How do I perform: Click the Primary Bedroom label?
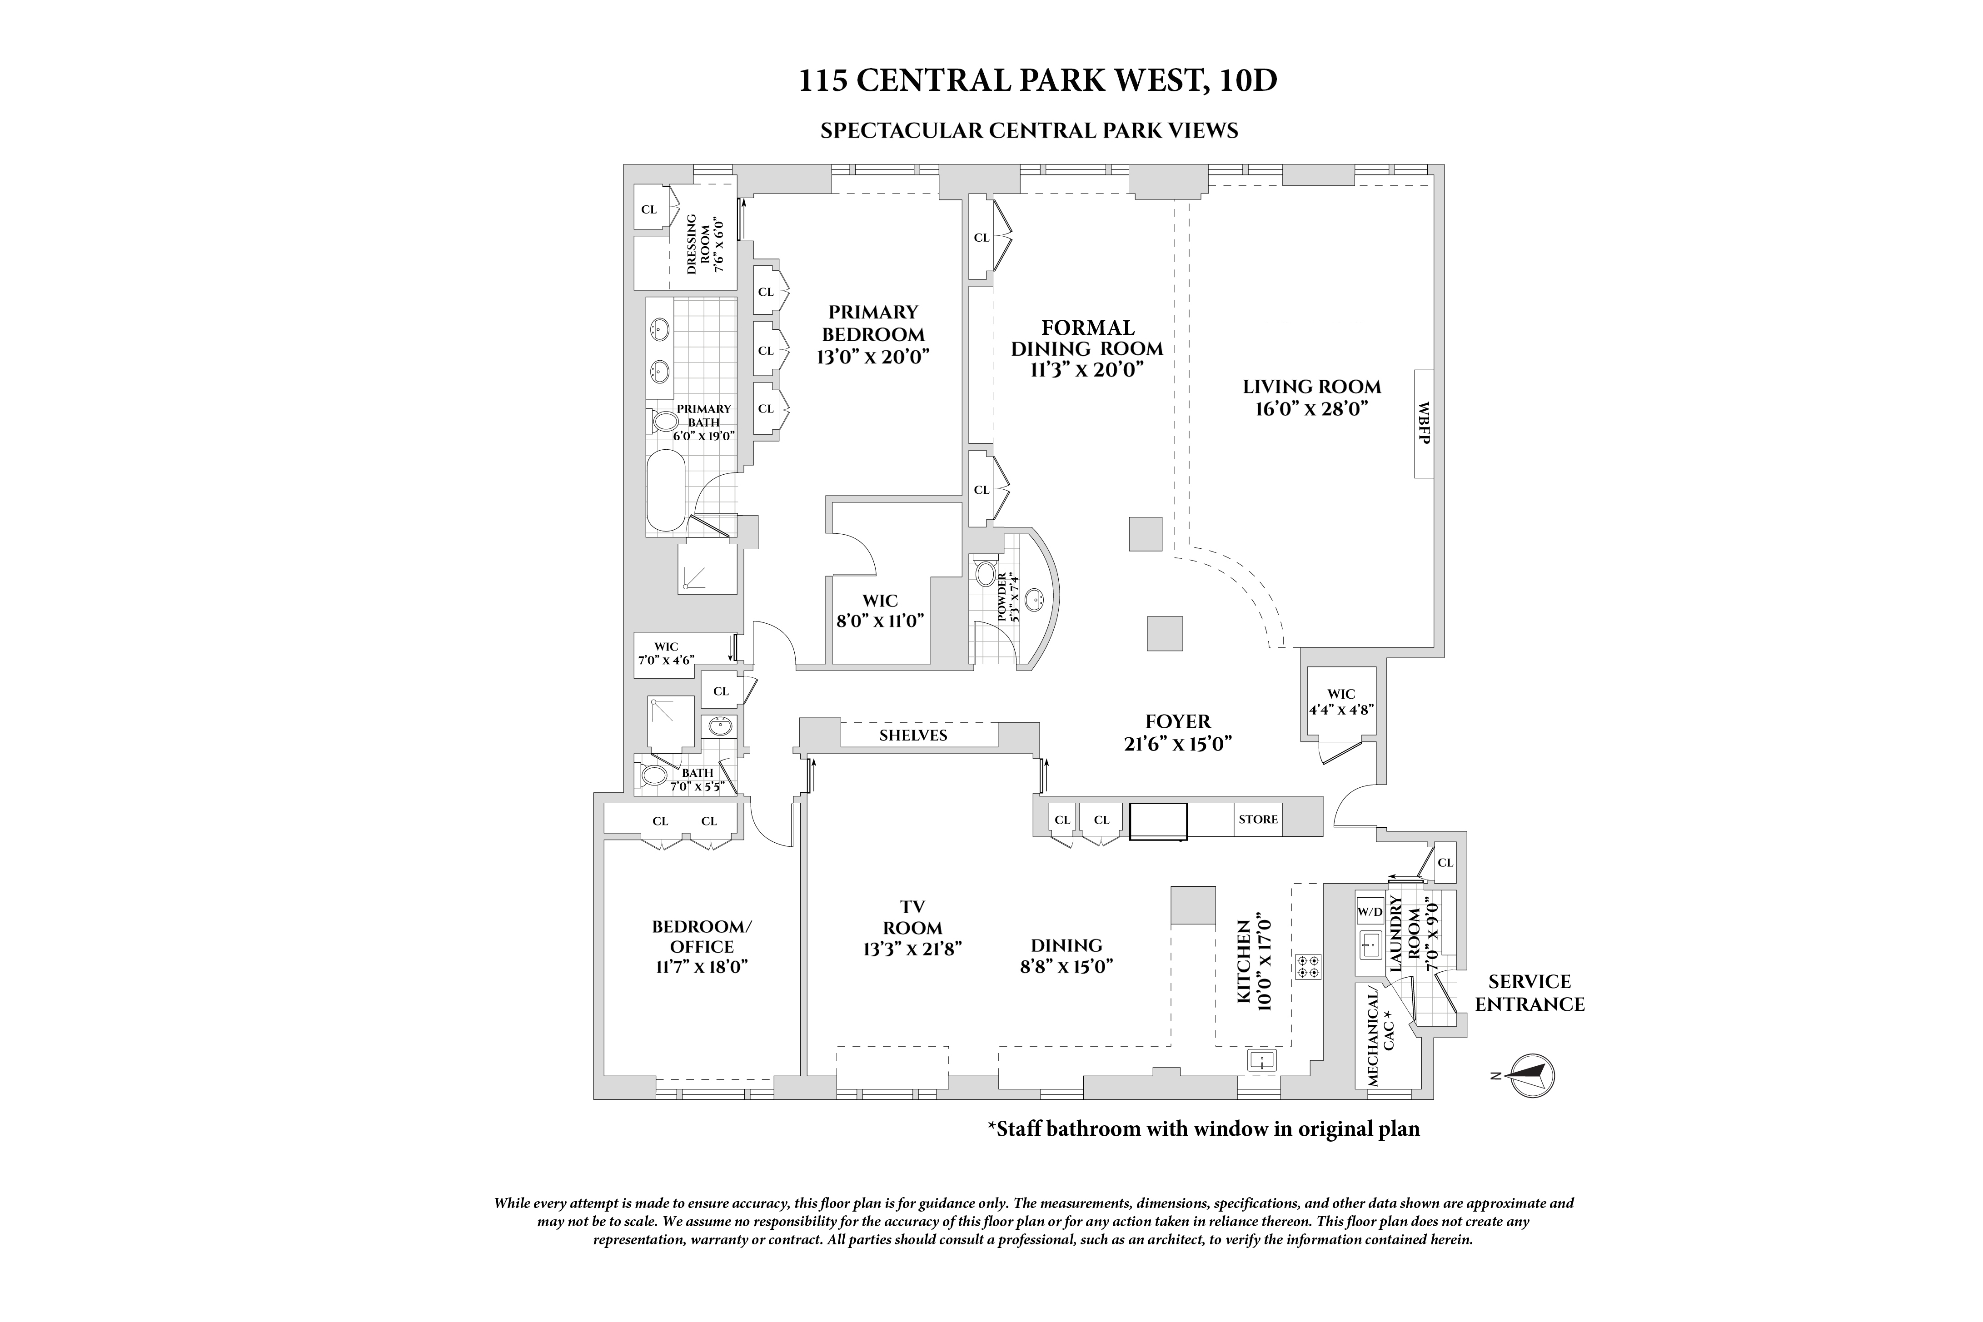tap(872, 334)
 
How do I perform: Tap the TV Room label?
tap(912, 927)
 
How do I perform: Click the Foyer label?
tap(1178, 732)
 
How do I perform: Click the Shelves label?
tap(913, 735)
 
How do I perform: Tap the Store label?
tap(1258, 820)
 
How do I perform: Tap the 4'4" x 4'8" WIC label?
tap(1341, 701)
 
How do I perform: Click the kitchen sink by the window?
tap(1262, 1060)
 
